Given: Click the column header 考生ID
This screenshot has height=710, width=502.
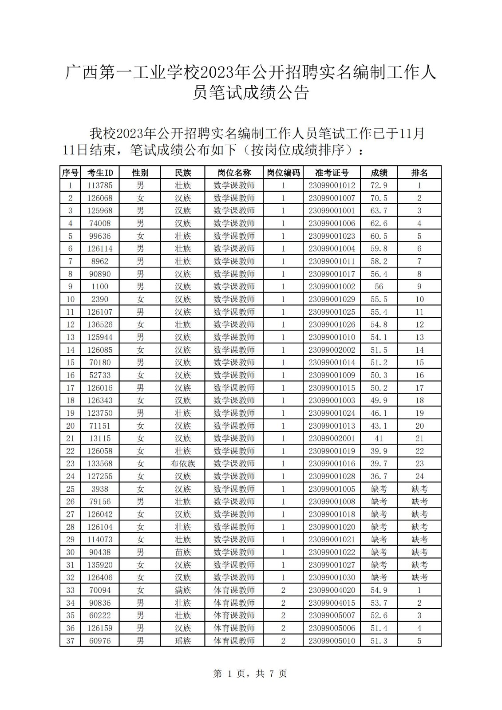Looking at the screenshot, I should (x=100, y=173).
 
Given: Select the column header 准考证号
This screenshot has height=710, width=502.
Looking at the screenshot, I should (x=332, y=173).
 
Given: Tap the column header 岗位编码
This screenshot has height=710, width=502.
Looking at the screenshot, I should (x=283, y=173).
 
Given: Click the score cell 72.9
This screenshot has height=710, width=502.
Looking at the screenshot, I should (x=379, y=185).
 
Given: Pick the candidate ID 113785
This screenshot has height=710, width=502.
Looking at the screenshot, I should (x=100, y=185).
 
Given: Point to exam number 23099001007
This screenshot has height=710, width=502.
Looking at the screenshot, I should (x=332, y=198).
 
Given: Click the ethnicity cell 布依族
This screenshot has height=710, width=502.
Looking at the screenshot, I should (x=182, y=464).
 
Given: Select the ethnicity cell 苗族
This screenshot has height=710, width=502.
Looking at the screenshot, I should (x=182, y=552).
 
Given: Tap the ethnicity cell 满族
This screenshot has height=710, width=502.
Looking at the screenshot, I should (x=182, y=590).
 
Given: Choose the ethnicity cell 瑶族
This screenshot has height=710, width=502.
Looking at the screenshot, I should (x=182, y=641).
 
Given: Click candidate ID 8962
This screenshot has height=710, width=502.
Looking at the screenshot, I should (x=100, y=261).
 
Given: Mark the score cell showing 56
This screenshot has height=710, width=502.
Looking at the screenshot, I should (x=379, y=287).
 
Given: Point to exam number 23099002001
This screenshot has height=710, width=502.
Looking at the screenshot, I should (x=332, y=438).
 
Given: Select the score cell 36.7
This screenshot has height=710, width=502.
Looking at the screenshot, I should (x=379, y=476).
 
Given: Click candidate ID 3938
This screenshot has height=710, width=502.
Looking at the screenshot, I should (x=100, y=489).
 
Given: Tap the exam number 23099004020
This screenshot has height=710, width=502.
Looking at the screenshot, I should (x=332, y=590).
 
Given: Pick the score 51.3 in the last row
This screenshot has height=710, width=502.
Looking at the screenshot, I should (x=379, y=641).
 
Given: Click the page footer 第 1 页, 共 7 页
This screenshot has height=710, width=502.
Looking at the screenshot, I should (x=250, y=674).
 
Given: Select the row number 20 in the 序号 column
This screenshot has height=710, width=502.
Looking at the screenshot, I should (x=70, y=426).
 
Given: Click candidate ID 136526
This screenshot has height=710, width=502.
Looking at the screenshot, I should (x=100, y=324).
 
